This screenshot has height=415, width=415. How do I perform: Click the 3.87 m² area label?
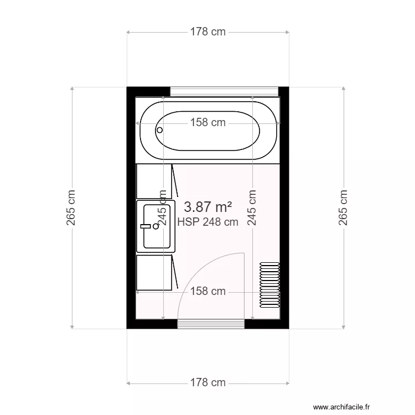point(207,207)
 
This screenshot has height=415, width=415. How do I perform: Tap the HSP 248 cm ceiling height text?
point(208,222)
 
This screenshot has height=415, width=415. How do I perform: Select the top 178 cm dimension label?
point(208,32)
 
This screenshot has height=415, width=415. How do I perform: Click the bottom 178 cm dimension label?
point(208,382)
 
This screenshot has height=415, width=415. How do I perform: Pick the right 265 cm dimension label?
point(344,208)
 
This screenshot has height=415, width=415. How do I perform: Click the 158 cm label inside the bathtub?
point(208,123)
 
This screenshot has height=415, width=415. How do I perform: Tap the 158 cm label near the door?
point(208,291)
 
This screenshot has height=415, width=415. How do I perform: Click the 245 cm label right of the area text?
point(252,208)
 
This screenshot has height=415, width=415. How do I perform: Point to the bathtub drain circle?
point(160,130)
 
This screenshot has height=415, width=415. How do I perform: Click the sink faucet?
point(147,226)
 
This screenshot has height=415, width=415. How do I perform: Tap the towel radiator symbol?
point(269,284)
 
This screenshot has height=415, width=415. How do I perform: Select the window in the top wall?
point(224,92)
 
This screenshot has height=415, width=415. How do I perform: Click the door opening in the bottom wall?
point(211,324)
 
